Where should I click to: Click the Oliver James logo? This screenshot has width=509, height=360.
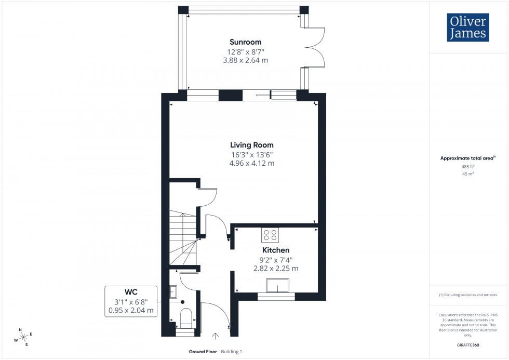click(467, 28)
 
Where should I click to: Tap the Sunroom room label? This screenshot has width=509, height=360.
click(246, 42)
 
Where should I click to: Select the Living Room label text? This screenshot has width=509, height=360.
click(252, 145)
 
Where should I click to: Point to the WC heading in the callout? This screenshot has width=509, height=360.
click(130, 291)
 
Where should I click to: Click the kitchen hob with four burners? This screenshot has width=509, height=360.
click(270, 235)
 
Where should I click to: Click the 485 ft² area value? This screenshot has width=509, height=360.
click(468, 167)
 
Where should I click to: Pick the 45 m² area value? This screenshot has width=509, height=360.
click(468, 174)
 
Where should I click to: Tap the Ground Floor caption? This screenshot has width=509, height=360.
click(203, 352)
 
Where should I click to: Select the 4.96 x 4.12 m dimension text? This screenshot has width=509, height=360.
click(252, 163)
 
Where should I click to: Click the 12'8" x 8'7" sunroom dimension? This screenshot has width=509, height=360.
click(246, 51)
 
